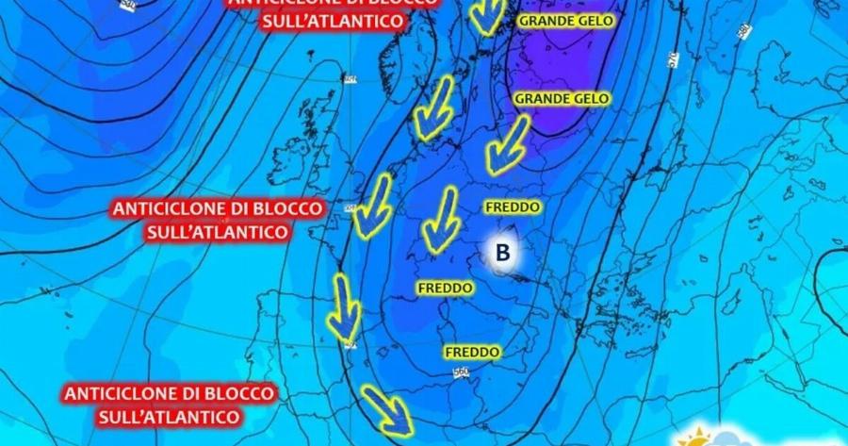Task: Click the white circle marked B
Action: [502, 252]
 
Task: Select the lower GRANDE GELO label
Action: [562, 98]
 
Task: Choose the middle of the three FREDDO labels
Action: [444, 286]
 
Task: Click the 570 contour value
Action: [673, 59]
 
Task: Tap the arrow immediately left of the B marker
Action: [440, 221]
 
